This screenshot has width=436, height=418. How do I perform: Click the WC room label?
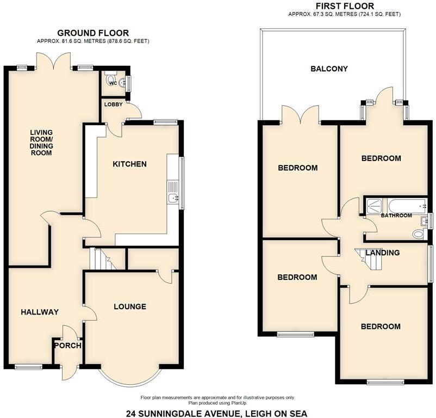pyautogui.click(x=113, y=83)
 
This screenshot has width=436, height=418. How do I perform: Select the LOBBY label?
pyautogui.click(x=113, y=104)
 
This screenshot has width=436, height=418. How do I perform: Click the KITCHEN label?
pyautogui.click(x=129, y=164)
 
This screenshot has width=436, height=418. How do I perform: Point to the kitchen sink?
pyautogui.click(x=173, y=198)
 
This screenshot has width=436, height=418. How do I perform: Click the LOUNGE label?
pyautogui.click(x=129, y=306)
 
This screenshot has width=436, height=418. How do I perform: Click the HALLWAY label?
pyautogui.click(x=39, y=312)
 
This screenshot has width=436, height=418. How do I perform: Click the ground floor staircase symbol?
pyautogui.click(x=101, y=259)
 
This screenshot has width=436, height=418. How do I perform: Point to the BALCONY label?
pyautogui.click(x=329, y=69)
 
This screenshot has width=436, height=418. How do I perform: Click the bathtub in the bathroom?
pyautogui.click(x=406, y=206)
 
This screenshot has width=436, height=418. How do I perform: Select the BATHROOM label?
pyautogui.click(x=396, y=216)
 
